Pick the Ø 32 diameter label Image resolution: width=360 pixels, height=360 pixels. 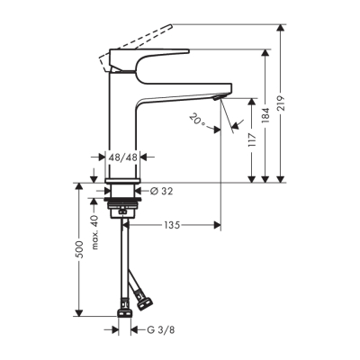pyautogui.click(x=161, y=192)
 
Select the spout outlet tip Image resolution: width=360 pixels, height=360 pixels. pyautogui.click(x=220, y=95)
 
